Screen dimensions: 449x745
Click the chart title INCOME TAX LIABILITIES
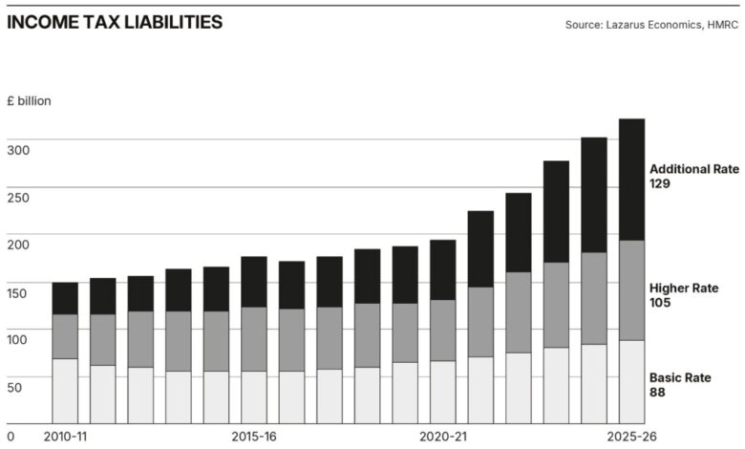[114, 22]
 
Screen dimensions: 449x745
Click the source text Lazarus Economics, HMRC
[652, 24]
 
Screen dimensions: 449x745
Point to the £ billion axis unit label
[29, 100]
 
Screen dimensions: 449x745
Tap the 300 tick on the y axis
[19, 149]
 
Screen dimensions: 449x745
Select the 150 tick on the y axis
[19, 291]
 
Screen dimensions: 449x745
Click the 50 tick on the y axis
[15, 387]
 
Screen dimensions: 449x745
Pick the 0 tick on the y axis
[11, 417]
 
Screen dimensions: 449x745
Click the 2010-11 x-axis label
[66, 437]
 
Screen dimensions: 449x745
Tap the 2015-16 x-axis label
[254, 437]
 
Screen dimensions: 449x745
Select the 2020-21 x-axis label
[443, 437]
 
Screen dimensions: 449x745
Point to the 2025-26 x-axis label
[631, 437]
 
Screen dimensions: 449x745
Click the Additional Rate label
[694, 169]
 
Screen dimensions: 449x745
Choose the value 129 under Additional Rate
[660, 183]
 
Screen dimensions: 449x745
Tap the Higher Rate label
[684, 289]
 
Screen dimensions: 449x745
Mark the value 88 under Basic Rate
[657, 393]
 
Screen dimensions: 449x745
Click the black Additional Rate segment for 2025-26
[632, 180]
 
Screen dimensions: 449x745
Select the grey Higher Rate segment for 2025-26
[632, 290]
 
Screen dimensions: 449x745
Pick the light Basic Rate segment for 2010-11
[65, 391]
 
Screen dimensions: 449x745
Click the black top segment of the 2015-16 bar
[254, 282]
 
